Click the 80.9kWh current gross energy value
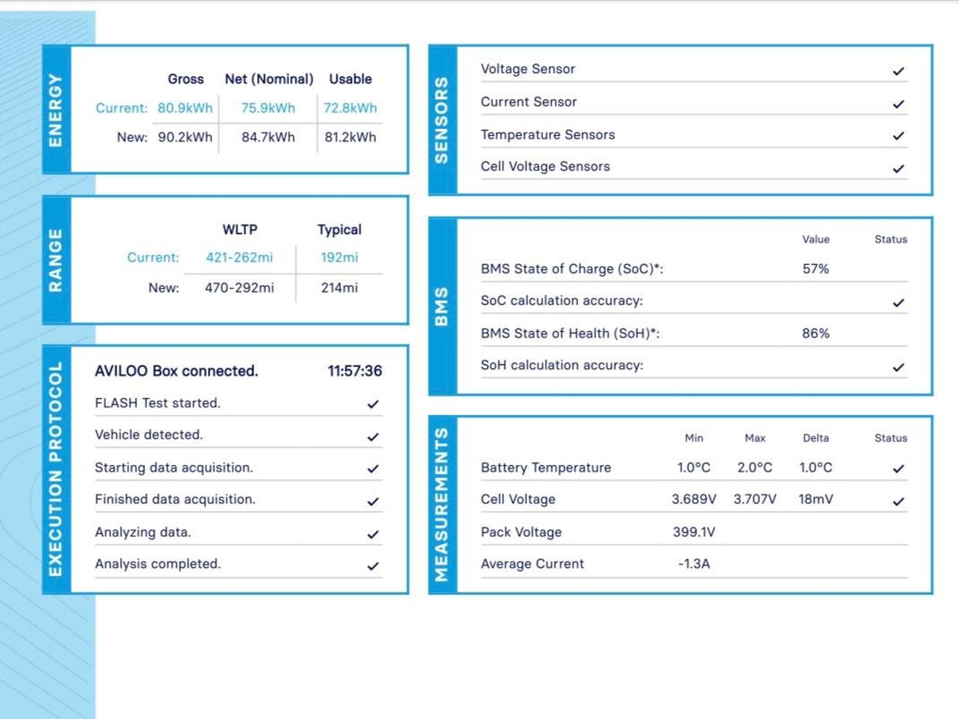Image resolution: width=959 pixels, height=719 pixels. [185, 108]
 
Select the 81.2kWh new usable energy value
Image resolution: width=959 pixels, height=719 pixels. [350, 137]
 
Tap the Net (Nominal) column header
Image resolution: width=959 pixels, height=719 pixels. [269, 79]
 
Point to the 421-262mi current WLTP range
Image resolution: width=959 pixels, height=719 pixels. [239, 257]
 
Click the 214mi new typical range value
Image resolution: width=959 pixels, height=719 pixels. [339, 288]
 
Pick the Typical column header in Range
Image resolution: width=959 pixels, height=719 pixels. [339, 230]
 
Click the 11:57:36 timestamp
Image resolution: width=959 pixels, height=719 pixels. [355, 371]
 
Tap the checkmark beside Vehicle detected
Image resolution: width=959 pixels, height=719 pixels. [373, 436]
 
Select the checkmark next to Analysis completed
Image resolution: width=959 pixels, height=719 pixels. [373, 565]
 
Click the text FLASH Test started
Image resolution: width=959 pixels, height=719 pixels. [157, 403]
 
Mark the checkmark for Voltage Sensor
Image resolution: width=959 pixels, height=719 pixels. [898, 71]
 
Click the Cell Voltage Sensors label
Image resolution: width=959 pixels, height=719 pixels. [545, 167]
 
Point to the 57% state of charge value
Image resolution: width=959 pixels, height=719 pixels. [815, 269]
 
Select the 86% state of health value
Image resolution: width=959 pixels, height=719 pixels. [815, 333]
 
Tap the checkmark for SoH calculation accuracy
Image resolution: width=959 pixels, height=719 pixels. [898, 366]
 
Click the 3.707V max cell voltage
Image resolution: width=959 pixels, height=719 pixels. [755, 499]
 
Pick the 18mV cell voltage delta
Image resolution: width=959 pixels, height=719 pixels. [815, 499]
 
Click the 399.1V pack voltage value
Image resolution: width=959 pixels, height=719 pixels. [694, 532]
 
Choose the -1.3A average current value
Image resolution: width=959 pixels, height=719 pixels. [694, 564]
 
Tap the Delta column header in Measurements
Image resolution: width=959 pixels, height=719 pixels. [815, 438]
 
